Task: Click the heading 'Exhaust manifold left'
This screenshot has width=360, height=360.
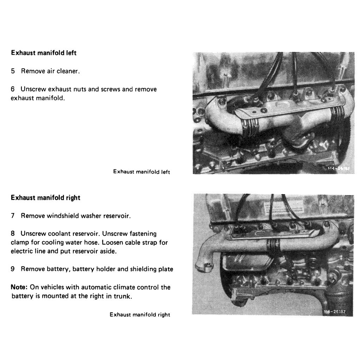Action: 44,53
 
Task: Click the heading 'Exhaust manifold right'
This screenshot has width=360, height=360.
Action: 46,198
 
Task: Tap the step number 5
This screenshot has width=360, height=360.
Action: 13,71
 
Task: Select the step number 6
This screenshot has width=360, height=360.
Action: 13,89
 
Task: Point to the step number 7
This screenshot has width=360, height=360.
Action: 13,216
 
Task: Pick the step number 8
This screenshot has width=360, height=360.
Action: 13,233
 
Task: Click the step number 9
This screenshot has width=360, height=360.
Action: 13,269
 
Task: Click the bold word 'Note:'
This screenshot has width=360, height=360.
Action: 19,287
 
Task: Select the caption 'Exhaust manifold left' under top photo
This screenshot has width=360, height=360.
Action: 141,172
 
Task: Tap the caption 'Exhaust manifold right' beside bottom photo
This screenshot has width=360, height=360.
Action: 140,315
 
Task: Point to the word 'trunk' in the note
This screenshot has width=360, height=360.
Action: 123,296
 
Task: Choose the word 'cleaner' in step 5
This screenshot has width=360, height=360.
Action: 68,71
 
